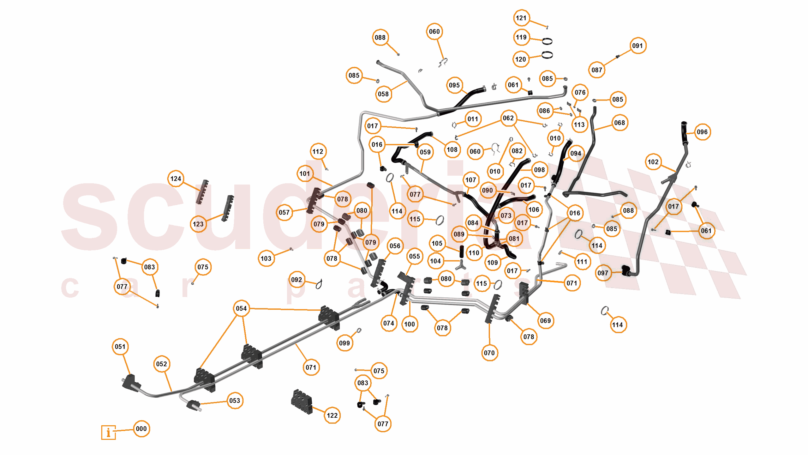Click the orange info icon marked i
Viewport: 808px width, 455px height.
[108, 432]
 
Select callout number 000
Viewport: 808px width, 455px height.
[141, 429]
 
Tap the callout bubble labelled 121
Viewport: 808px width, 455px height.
[521, 18]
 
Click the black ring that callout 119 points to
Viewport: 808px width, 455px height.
[547, 41]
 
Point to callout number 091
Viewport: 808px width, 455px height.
[637, 46]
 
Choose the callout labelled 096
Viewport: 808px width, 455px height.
[702, 132]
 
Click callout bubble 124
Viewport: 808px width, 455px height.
[176, 179]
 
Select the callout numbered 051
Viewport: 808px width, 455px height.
[120, 347]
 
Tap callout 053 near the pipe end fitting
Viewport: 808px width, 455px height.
[235, 401]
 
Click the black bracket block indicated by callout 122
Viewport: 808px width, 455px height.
[302, 401]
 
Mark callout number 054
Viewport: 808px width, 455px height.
[241, 308]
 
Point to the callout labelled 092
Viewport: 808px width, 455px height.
[296, 280]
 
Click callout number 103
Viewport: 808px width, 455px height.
[266, 258]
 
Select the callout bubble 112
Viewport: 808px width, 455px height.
[318, 151]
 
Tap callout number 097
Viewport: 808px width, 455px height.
[603, 273]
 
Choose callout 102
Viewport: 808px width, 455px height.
[653, 162]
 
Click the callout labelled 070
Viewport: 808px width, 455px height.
[489, 353]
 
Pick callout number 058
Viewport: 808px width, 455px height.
[383, 94]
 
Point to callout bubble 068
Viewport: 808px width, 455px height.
[619, 123]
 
